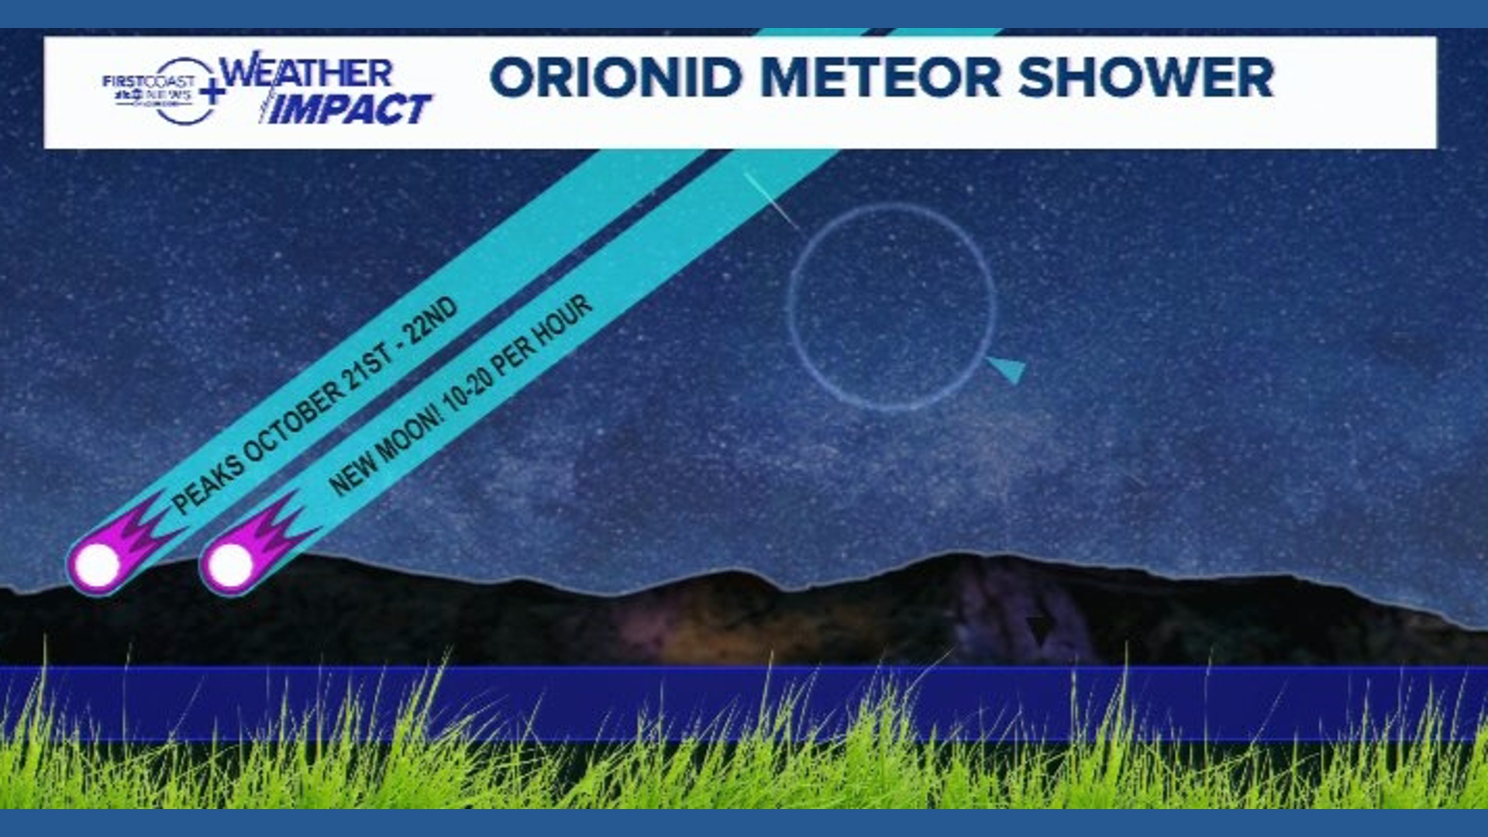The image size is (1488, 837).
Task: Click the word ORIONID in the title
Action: [x=616, y=77]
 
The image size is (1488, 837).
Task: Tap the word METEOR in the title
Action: [x=880, y=77]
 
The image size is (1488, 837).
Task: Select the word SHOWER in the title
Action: [x=1146, y=77]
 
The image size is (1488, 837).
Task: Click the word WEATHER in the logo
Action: [x=307, y=73]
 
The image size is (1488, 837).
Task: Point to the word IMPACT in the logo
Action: [x=350, y=109]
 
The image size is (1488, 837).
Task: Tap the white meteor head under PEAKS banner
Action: [x=98, y=565]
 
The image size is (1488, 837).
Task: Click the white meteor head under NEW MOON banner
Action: [x=230, y=565]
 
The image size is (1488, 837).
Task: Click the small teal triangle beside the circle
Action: [x=1008, y=369]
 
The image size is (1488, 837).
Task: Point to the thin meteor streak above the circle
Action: [x=771, y=201]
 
